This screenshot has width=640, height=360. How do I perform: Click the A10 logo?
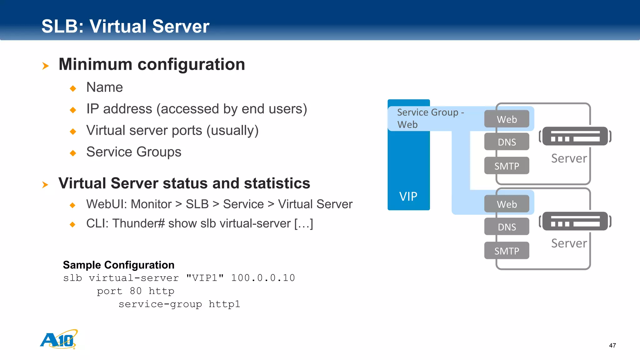point(59,339)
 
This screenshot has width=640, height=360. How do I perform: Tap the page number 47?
point(612,345)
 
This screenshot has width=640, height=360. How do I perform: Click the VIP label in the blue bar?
point(408,197)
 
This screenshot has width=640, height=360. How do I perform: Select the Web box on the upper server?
point(507,119)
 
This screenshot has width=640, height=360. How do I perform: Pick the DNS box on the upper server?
point(507,142)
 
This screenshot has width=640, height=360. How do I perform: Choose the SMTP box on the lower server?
point(507,251)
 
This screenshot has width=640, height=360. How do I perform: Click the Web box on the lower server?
point(507,204)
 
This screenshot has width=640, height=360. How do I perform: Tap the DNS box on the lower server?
point(507,227)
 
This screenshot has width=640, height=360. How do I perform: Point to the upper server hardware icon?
point(575,136)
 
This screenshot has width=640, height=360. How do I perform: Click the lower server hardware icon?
point(575,221)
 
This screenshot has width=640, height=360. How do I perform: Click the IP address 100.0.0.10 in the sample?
point(263,278)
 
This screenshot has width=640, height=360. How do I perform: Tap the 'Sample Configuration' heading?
point(119,265)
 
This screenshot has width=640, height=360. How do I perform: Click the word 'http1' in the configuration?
point(224,304)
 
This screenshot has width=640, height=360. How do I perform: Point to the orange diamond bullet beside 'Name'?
point(73,88)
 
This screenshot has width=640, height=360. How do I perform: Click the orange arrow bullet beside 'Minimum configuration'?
point(46,66)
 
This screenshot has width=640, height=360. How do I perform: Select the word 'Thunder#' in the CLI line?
point(138,223)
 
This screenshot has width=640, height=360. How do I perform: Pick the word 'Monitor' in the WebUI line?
point(151,204)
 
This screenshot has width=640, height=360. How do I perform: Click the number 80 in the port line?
point(136,291)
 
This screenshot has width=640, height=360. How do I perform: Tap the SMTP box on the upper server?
point(507,166)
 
